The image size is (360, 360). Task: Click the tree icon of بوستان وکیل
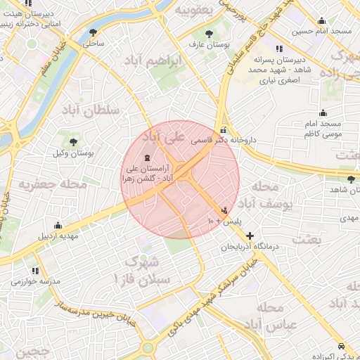(x=72, y=141)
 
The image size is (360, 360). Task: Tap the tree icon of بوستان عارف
(x=209, y=33)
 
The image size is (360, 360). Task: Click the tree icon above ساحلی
(x=94, y=32)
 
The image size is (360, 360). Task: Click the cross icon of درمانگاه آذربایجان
(x=250, y=236)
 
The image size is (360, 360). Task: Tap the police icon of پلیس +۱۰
(x=225, y=210)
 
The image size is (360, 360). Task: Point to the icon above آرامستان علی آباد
(x=146, y=157)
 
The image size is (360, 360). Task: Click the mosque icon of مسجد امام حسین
(x=321, y=20)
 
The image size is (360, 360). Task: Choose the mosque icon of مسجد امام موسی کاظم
(x=323, y=112)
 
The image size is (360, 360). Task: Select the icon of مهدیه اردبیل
(x=58, y=226)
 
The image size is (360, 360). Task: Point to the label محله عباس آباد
(x=271, y=316)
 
